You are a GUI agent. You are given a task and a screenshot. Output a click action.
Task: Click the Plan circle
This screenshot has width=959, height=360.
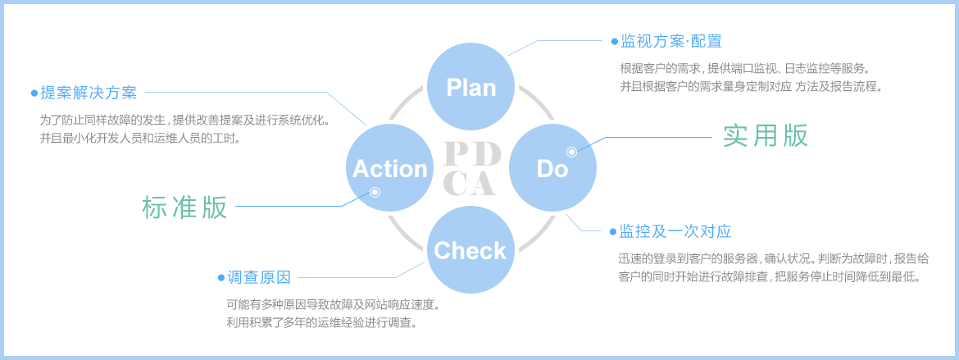point(471,87)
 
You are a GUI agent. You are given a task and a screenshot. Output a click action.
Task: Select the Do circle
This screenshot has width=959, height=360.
point(552,168)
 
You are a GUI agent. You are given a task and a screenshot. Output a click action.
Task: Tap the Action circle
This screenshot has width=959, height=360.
point(390,168)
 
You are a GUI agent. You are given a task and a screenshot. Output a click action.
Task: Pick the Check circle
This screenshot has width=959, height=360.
point(470,250)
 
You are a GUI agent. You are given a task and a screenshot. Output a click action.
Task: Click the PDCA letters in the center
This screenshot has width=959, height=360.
point(471,169)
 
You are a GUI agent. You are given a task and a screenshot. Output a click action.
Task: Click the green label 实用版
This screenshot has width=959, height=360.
point(765,135)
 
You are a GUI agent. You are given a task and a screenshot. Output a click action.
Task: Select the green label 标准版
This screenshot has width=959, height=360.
point(184,207)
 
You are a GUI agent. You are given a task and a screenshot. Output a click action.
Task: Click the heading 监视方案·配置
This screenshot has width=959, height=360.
point(671,41)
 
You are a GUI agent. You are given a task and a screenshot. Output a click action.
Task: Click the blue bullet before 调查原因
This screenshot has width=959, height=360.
point(220,278)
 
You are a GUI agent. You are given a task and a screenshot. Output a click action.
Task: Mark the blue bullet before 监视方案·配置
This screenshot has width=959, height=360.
point(614,41)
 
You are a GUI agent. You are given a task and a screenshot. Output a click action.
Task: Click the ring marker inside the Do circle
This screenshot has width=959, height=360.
point(571,152)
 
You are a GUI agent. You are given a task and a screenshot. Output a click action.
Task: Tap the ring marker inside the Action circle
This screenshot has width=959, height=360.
point(375,193)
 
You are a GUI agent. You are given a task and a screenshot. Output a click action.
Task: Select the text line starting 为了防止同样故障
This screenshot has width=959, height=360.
point(185,120)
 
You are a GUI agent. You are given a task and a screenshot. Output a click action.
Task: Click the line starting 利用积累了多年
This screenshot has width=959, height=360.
point(322,322)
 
